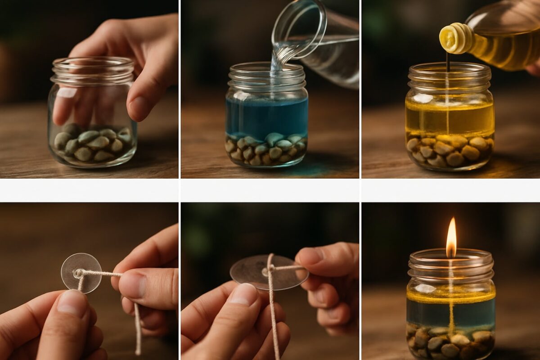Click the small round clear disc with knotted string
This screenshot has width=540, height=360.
coord(81,272)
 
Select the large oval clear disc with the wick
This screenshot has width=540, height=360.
coord(269,272)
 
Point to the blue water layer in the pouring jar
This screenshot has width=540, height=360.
coord(266,116)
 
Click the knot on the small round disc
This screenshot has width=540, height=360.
coord(79,273)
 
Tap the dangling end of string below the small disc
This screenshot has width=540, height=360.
coord(137,328)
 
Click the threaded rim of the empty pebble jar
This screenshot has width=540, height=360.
coord(92,72)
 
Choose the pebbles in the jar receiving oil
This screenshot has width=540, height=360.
coord(450,151)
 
